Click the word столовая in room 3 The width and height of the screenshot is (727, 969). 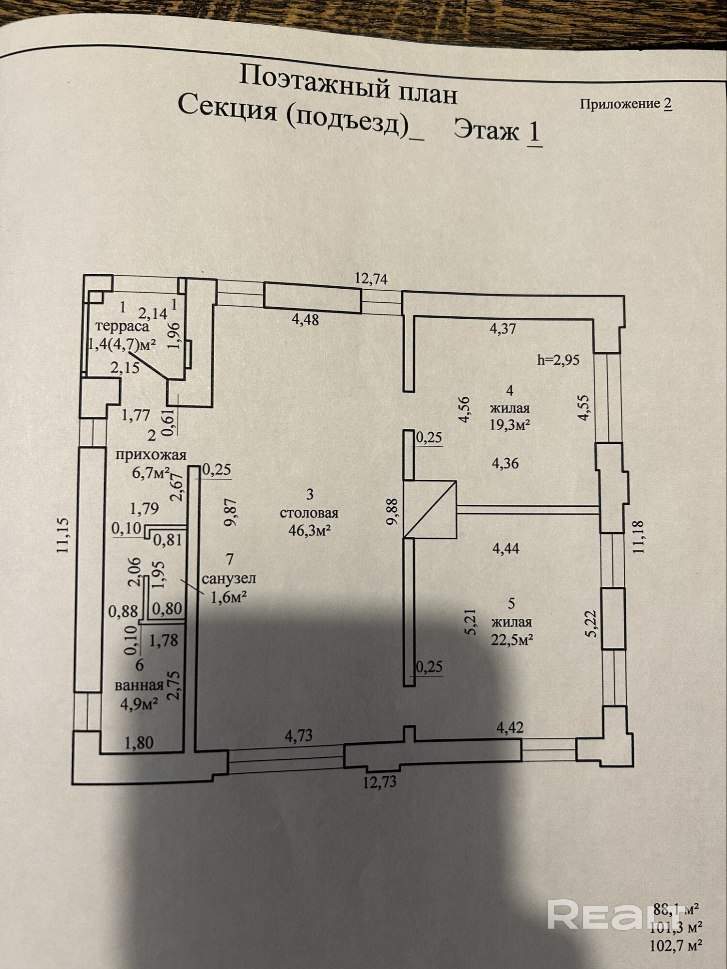point(309,513)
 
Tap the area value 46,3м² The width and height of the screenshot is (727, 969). point(309,531)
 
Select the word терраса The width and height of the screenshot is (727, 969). point(122,326)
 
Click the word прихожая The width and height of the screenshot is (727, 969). point(151,454)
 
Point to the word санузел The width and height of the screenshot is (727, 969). point(229,578)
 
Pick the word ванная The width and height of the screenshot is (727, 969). point(139,685)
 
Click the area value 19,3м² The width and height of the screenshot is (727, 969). point(509,425)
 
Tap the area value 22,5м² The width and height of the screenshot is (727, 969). point(512,640)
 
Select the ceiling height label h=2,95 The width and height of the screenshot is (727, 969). point(558,360)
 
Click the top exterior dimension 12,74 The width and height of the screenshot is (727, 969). point(371,279)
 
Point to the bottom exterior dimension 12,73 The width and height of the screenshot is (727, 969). point(379,782)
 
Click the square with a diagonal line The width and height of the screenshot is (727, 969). point(431,509)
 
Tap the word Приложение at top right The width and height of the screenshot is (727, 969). point(620,104)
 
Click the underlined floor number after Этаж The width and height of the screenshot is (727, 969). point(534,132)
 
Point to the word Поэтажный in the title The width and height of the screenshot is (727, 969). point(315,80)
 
